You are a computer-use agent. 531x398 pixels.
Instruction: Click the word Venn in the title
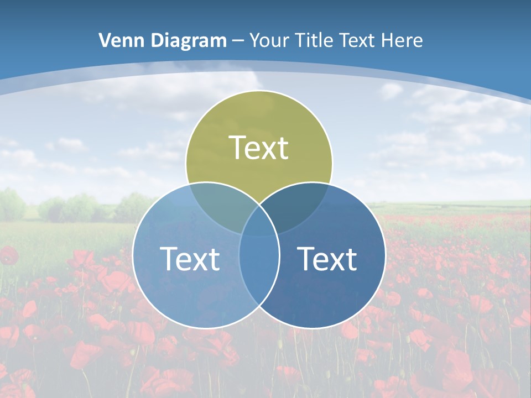(118, 40)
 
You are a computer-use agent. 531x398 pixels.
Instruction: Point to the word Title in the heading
(313, 40)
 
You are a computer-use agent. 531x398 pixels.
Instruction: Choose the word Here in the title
(403, 40)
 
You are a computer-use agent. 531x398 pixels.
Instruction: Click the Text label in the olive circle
(259, 148)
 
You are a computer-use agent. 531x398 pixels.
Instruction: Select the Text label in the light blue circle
(190, 259)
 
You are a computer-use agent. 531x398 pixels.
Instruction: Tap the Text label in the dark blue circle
(327, 259)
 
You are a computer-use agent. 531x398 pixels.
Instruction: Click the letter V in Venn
(104, 40)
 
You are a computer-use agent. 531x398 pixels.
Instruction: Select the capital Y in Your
(254, 40)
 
